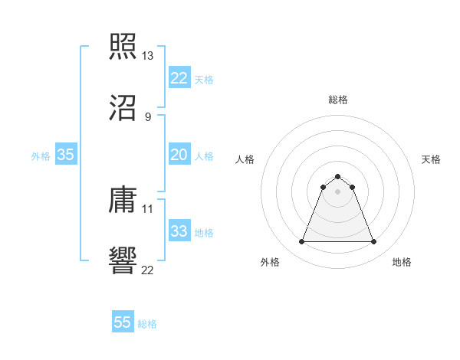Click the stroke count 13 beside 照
pyautogui.click(x=148, y=56)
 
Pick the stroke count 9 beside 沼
pyautogui.click(x=148, y=117)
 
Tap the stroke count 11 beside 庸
pyautogui.click(x=148, y=208)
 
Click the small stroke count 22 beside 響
pyautogui.click(x=148, y=270)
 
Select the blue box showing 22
pyautogui.click(x=179, y=78)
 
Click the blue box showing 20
pyautogui.click(x=179, y=155)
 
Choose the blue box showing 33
pyautogui.click(x=179, y=231)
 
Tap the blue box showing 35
pyautogui.click(x=66, y=155)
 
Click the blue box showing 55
pyautogui.click(x=123, y=322)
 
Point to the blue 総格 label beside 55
pyautogui.click(x=147, y=324)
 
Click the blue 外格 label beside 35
pyautogui.click(x=41, y=156)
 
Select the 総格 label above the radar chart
pyautogui.click(x=338, y=100)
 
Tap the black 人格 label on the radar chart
pyautogui.click(x=245, y=159)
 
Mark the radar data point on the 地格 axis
pyautogui.click(x=373, y=242)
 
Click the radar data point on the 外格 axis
pyautogui.click(x=301, y=242)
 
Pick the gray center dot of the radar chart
pyautogui.click(x=337, y=191)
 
